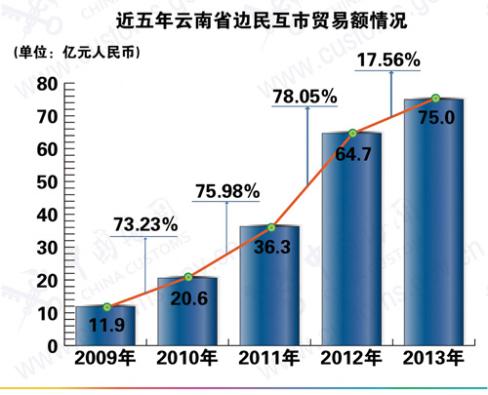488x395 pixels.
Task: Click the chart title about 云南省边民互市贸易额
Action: tap(262, 20)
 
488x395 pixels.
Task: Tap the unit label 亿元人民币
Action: tap(101, 52)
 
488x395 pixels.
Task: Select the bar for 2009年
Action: tap(105, 326)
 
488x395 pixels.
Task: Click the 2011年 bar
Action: tap(269, 286)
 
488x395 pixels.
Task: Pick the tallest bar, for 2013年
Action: tap(433, 222)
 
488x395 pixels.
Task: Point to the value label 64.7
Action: tap(353, 154)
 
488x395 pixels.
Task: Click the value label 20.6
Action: tap(189, 298)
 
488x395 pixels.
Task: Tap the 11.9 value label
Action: tap(106, 325)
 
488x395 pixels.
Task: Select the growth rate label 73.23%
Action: tap(145, 224)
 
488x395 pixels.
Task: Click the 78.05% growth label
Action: tap(305, 97)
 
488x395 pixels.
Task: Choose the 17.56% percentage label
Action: tap(388, 59)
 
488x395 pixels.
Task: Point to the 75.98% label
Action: tap(227, 191)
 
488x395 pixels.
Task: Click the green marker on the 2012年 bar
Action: tap(353, 133)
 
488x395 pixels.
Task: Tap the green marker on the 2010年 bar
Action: tap(188, 277)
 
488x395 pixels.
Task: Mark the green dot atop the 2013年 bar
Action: tap(435, 98)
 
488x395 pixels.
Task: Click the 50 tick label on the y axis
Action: tap(47, 182)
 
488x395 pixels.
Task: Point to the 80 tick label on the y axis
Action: tap(47, 84)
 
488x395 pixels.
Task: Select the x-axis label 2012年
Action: tap(351, 358)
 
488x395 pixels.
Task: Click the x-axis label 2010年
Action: tap(187, 358)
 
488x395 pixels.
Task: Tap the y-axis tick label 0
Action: tap(53, 346)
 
